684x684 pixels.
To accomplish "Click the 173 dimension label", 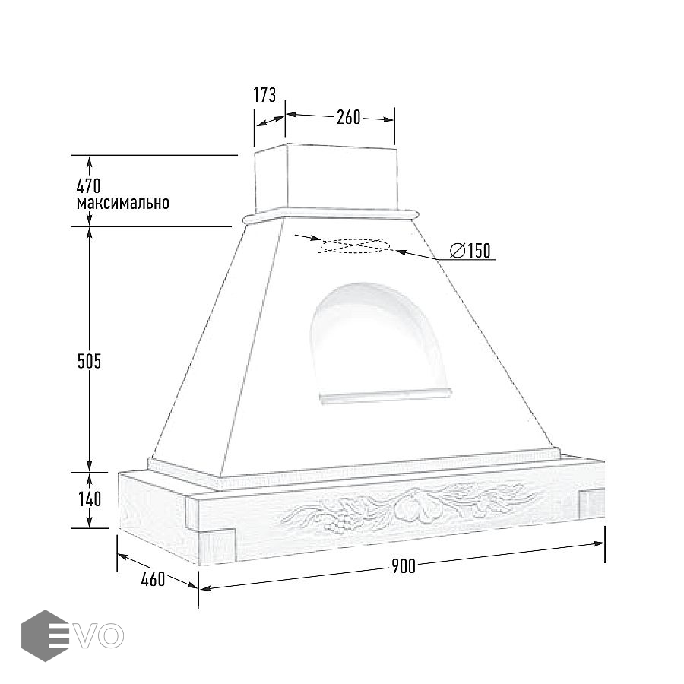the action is (264, 95).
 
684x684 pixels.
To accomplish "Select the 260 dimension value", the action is (349, 117).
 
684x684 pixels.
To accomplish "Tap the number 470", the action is (89, 186).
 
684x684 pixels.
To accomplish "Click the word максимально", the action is (123, 203).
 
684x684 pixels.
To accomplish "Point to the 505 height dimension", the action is (89, 361).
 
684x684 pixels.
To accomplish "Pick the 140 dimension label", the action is (90, 499).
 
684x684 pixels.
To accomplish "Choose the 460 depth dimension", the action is (153, 579).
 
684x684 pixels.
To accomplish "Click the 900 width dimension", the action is (404, 565).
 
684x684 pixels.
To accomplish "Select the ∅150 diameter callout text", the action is (470, 250).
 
